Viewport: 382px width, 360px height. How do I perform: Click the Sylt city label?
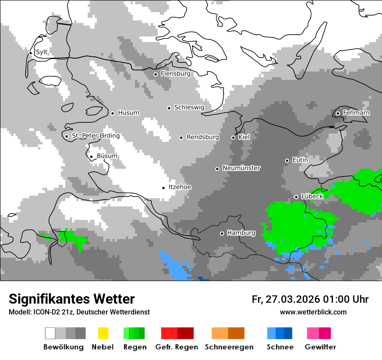[42, 52]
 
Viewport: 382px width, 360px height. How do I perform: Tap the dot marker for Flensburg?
[155, 74]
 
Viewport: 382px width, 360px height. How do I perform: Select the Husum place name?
[128, 113]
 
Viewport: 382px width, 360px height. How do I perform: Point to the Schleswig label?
[189, 107]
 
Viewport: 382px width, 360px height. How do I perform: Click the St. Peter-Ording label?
[95, 136]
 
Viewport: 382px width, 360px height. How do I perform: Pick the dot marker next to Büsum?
[91, 157]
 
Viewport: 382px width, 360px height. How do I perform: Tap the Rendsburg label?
[203, 137]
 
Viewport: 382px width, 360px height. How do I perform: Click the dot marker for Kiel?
[233, 137]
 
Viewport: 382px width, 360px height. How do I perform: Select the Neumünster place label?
[241, 168]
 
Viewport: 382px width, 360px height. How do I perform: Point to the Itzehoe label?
[180, 187]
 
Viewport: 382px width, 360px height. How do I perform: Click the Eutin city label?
[300, 160]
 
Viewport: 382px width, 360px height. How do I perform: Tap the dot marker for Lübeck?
[296, 197]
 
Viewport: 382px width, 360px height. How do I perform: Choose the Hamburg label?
[241, 233]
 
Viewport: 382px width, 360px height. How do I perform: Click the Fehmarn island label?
[356, 113]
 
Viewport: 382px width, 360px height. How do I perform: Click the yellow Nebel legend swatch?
[103, 333]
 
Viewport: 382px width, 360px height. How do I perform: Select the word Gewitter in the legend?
[320, 347]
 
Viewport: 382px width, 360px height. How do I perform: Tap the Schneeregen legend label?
[229, 347]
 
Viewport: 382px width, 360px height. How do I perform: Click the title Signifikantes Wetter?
[72, 299]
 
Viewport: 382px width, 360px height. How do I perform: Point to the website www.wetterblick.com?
[313, 312]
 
